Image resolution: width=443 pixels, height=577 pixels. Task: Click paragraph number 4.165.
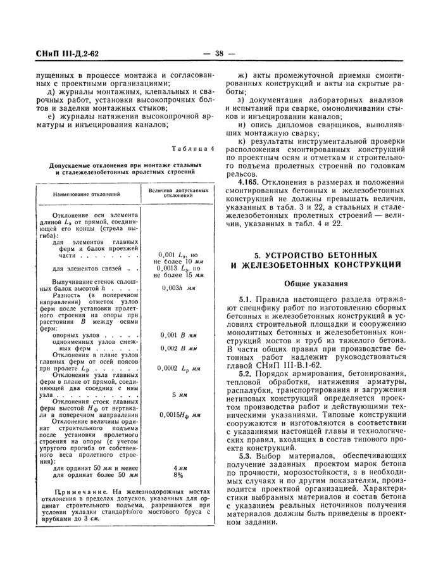(250, 182)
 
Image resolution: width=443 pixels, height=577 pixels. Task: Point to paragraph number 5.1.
(245, 298)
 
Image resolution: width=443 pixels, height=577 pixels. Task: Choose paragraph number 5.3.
(245, 455)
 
